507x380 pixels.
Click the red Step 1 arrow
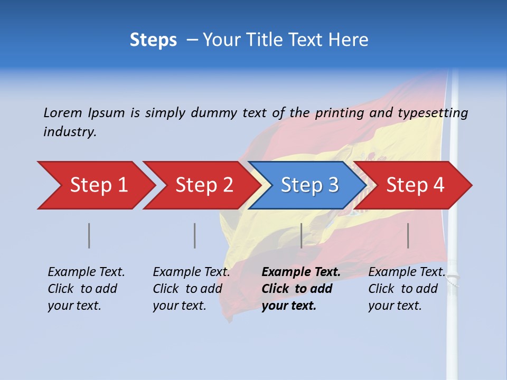98,185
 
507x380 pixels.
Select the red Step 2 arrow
204,185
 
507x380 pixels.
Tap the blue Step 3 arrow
309,185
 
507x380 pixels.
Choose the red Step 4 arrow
415,185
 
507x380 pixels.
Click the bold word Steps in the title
153,40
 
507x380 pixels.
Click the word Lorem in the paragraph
63,112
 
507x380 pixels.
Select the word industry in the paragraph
70,132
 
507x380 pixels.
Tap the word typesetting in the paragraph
433,113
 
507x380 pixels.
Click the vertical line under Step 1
89,235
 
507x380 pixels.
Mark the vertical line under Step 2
195,235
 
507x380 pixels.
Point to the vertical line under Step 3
301,235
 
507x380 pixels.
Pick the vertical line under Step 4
408,235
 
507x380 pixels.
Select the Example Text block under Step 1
86,289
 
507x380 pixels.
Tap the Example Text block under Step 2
191,289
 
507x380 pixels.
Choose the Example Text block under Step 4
406,289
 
